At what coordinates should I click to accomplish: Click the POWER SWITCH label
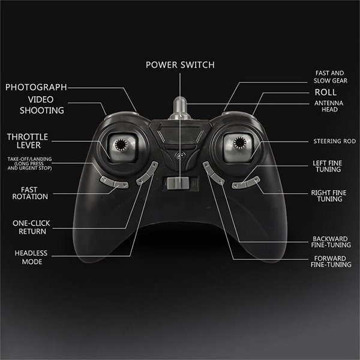point(180,65)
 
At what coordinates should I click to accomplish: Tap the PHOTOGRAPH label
point(36,87)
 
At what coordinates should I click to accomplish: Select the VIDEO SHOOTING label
point(41,105)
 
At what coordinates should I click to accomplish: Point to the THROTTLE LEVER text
point(28,141)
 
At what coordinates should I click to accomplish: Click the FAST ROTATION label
point(30,193)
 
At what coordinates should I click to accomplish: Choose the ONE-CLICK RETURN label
point(31,227)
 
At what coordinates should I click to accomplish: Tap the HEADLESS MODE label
point(31,257)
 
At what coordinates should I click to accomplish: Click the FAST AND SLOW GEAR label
point(331,77)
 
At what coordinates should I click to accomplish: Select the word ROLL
point(326,92)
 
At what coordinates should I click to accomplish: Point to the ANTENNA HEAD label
point(329,106)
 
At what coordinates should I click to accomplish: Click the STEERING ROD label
point(335,141)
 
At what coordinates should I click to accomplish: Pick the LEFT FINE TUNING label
point(328,166)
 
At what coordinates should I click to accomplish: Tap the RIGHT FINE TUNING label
point(329,196)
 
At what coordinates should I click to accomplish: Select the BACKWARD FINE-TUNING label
point(331,242)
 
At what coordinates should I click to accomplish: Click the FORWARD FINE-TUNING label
point(331,262)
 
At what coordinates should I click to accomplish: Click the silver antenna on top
point(180,109)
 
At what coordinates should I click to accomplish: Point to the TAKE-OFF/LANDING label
point(29,163)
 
